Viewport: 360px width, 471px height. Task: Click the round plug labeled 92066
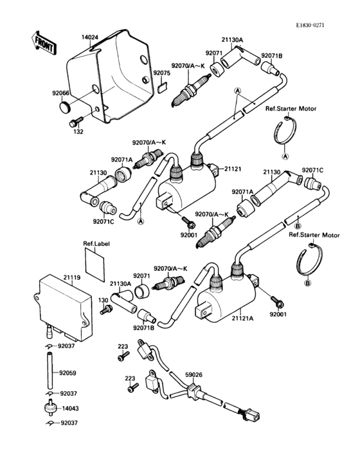(66, 106)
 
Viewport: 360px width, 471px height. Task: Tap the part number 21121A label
(242, 317)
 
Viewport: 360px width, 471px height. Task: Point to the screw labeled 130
(107, 310)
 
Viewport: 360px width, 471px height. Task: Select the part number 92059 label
(67, 373)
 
